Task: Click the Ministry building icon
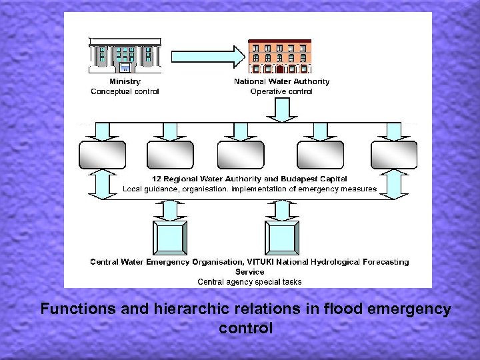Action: click(125, 55)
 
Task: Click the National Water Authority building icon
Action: click(281, 56)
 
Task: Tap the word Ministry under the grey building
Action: click(125, 82)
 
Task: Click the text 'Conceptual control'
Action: click(125, 91)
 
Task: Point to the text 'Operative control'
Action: click(281, 91)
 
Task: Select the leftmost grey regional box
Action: click(102, 154)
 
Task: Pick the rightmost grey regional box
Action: click(394, 154)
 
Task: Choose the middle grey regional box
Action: click(241, 154)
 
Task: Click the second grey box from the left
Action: click(170, 154)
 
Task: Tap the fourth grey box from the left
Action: click(320, 154)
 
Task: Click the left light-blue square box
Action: click(170, 238)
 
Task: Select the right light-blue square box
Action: click(282, 238)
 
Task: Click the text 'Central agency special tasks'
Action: click(249, 281)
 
